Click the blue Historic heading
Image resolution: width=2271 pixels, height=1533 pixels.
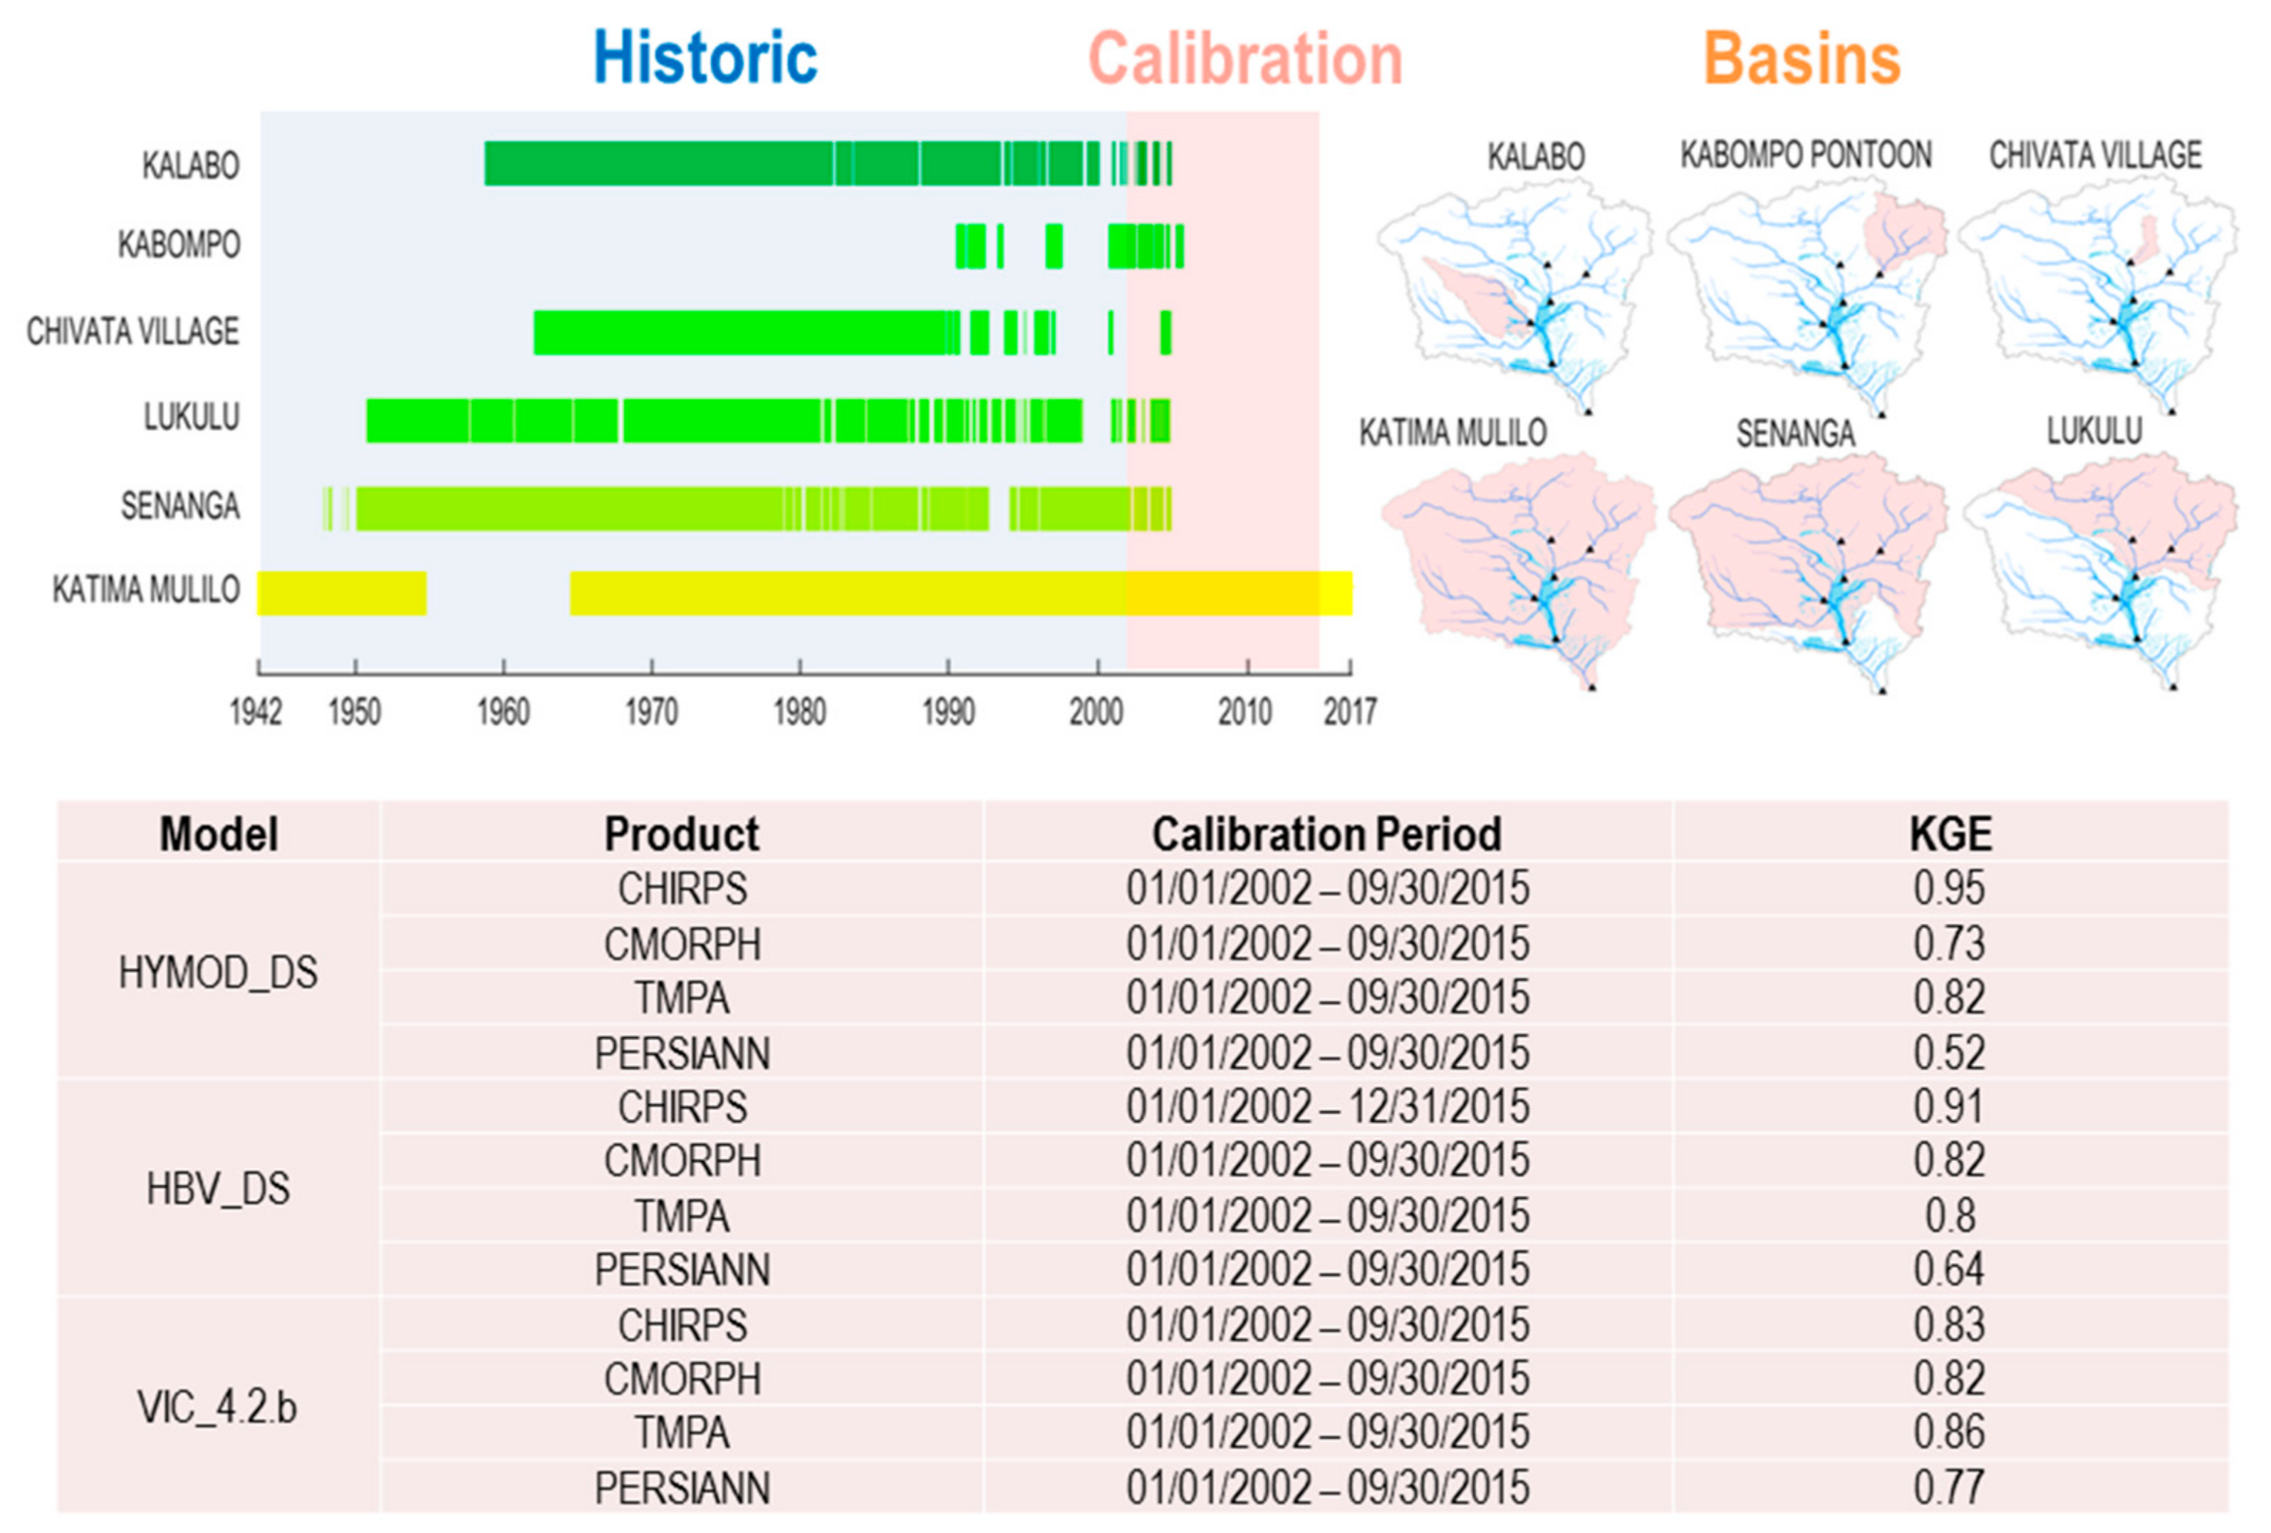[705, 58]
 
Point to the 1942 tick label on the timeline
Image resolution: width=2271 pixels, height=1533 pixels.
[256, 712]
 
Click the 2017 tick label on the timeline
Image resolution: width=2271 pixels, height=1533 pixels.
[1349, 712]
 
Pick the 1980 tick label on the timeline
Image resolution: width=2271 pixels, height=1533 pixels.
[799, 712]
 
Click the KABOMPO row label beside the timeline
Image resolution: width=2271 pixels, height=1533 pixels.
[179, 244]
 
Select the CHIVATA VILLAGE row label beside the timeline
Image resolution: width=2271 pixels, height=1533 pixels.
[133, 331]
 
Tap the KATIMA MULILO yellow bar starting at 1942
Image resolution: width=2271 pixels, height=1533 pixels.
[341, 593]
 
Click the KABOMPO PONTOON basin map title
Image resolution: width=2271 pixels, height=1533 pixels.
[1806, 155]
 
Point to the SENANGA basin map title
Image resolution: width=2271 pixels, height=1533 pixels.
[1795, 434]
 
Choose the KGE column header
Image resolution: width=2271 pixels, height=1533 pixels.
[1950, 834]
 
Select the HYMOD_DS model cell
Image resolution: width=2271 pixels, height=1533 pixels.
[218, 972]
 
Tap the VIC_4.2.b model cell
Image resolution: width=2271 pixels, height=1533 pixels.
[217, 1407]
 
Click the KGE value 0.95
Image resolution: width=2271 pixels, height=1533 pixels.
[1950, 888]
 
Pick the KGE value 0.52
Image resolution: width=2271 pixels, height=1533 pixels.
[1950, 1052]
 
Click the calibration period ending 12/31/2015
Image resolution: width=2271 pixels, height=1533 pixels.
[1327, 1106]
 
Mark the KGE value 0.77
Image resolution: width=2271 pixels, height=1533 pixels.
[1950, 1487]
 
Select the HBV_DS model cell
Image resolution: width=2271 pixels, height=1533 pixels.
[218, 1189]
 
